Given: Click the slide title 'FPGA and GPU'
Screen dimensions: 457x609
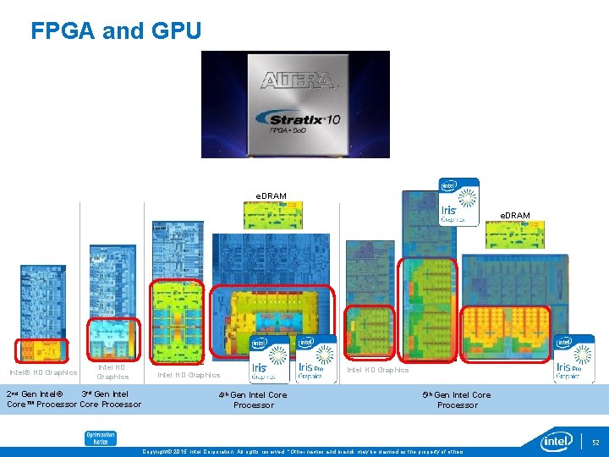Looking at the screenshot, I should [x=116, y=31].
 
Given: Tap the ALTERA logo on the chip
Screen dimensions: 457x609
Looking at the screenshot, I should [x=296, y=81].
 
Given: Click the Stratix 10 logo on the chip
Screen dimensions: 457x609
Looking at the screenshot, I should [x=296, y=120].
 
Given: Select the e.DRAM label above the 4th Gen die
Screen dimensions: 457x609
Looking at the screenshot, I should [x=271, y=196].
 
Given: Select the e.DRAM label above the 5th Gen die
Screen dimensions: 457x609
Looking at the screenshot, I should [x=514, y=216].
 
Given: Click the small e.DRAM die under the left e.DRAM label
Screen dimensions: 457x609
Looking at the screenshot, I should [x=272, y=215].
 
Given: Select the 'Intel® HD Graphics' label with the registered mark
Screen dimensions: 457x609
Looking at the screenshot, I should [x=43, y=372].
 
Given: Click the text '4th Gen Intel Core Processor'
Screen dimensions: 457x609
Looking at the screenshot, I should [x=253, y=399].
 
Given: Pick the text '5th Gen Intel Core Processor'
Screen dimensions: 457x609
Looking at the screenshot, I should [x=457, y=399].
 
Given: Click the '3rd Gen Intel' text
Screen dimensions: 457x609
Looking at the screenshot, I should [x=105, y=394].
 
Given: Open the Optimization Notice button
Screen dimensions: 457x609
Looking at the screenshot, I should [x=100, y=438].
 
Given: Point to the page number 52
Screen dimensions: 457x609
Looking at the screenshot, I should [x=595, y=442].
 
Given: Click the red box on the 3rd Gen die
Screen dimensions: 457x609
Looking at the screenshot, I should [x=113, y=338].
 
